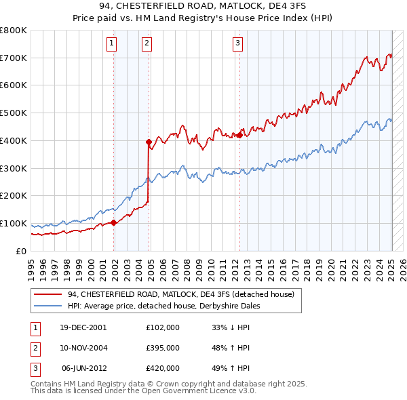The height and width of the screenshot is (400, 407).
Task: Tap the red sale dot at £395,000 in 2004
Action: (149, 142)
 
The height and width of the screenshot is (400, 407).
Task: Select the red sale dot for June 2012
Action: (239, 135)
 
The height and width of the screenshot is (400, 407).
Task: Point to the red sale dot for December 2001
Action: (113, 222)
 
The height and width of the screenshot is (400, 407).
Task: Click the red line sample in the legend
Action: (47, 295)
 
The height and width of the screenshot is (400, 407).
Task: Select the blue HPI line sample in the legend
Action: (47, 306)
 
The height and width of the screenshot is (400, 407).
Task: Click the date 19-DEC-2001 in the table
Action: (83, 327)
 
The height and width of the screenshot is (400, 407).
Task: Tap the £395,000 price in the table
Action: (163, 348)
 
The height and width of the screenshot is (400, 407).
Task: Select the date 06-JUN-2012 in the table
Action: (84, 368)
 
